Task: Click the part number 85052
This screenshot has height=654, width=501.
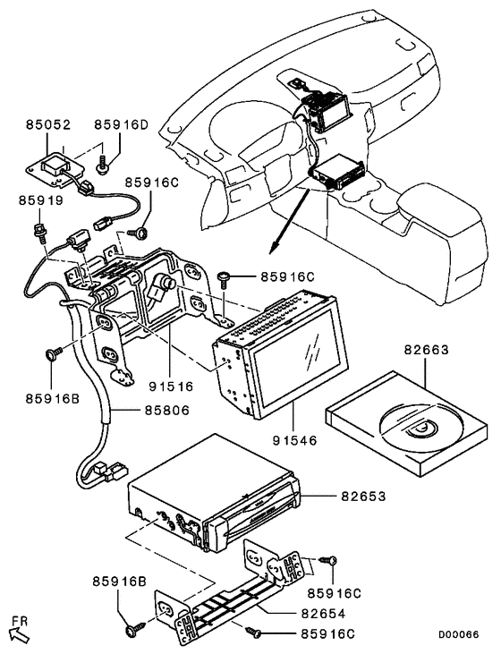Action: (48, 124)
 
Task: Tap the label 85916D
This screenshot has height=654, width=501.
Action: (121, 124)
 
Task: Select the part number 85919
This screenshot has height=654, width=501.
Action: (40, 200)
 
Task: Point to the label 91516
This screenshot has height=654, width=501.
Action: (172, 386)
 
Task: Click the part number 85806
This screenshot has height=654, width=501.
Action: (167, 411)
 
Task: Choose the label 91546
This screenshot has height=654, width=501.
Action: (295, 439)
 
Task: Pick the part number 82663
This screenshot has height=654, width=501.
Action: (426, 349)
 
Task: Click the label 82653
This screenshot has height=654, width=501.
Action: (363, 496)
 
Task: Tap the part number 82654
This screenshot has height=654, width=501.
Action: (323, 613)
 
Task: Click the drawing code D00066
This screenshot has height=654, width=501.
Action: (458, 634)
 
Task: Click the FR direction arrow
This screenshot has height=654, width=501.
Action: (20, 635)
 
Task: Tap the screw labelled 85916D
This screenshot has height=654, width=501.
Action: (101, 165)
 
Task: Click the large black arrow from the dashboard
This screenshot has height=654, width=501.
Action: (289, 221)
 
